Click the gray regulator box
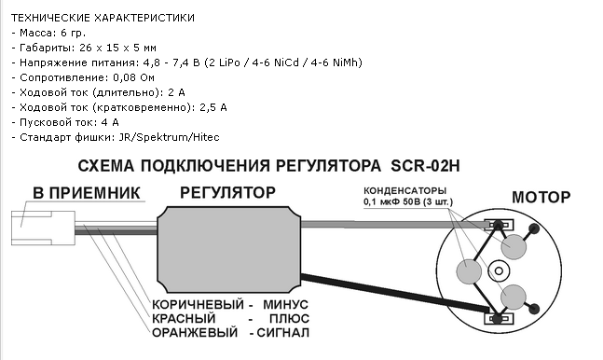(x=229, y=250)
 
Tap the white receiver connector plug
(x=43, y=228)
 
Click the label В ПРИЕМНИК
(x=86, y=193)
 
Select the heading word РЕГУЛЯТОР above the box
(x=227, y=192)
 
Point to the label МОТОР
(x=541, y=197)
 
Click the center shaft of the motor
(x=499, y=271)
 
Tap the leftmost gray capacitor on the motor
(x=469, y=271)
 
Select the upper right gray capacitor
(x=514, y=246)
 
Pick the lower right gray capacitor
(x=513, y=297)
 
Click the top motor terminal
(x=499, y=225)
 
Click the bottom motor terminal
(x=499, y=319)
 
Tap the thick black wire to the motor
(x=395, y=293)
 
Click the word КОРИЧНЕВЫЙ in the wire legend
(x=198, y=305)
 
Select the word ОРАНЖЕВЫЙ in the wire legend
(x=195, y=332)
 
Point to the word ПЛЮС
(x=289, y=318)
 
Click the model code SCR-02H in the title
(x=425, y=166)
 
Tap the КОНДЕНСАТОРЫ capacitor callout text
(x=404, y=190)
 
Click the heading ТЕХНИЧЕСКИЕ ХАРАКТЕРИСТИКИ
(x=103, y=18)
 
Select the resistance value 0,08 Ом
(x=133, y=77)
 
